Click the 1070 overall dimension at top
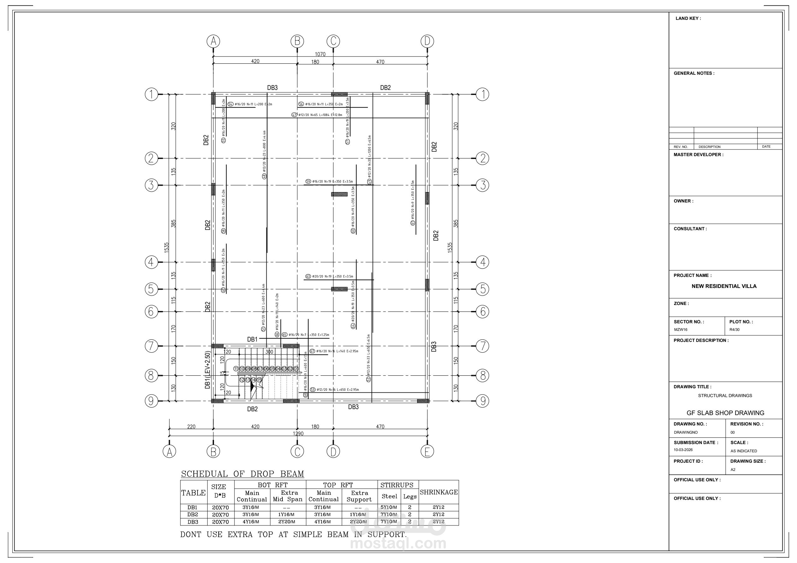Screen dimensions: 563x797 tap(320, 54)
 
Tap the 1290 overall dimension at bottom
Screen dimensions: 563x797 tap(298, 434)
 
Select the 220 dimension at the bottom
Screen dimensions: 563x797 tap(191, 427)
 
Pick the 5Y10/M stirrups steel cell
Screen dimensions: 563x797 tap(388, 507)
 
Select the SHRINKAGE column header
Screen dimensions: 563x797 tap(439, 492)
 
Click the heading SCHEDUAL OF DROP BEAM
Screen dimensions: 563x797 tap(242, 474)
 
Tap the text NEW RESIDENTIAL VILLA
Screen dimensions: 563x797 tap(724, 286)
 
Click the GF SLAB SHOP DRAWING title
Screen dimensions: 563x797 tap(725, 413)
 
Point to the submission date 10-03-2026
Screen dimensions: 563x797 tap(683, 449)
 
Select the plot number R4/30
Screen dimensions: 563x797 tap(734, 329)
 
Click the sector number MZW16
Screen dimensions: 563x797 tap(681, 329)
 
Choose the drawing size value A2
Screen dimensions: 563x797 tap(733, 470)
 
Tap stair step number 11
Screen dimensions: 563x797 tap(236, 369)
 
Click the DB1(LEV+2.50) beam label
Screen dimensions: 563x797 tap(208, 370)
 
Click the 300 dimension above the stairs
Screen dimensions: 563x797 tap(269, 352)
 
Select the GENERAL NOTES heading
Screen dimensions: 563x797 tap(694, 73)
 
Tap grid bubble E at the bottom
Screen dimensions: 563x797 tap(427, 451)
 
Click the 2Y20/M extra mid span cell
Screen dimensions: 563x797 tap(287, 522)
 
